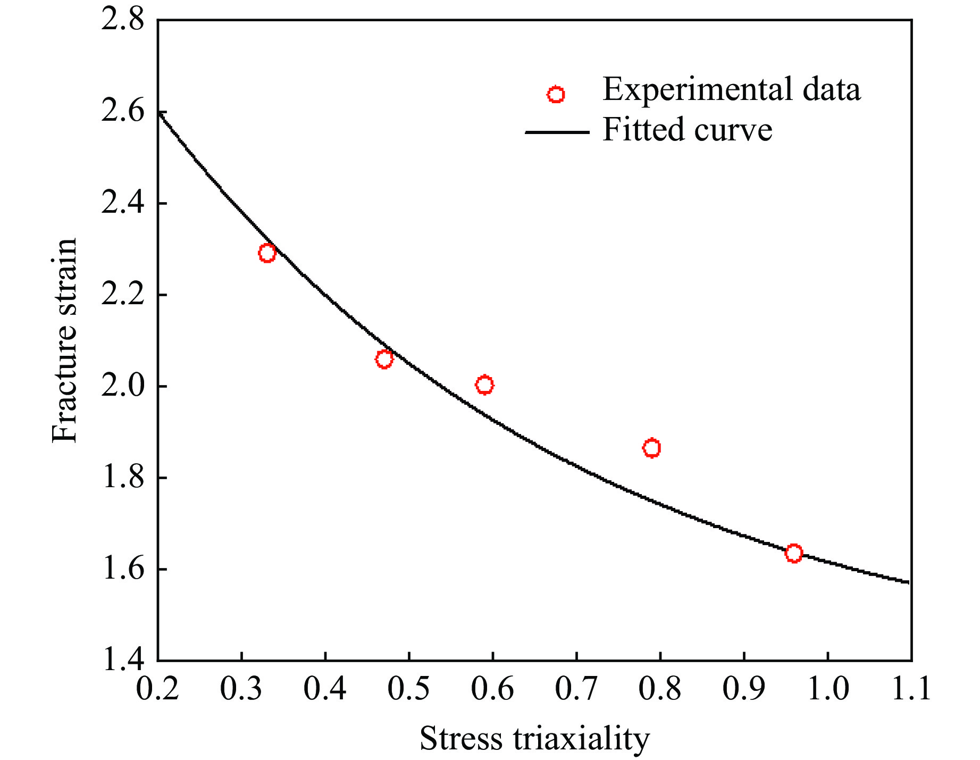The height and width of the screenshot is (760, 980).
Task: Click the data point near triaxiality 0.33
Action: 267,253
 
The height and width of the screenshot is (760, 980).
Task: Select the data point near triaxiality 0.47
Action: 384,360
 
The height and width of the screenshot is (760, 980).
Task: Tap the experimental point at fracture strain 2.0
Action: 484,385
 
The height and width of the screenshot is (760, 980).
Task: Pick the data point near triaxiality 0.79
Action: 651,448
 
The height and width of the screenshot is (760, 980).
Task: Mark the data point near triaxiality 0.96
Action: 793,553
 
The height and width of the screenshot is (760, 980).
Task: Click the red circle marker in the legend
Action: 556,95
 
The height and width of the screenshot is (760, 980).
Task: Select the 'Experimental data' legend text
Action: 731,89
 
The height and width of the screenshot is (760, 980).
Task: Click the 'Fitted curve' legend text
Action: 687,130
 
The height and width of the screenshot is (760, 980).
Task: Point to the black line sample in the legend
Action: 557,132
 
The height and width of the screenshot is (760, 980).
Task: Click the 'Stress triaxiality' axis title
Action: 534,739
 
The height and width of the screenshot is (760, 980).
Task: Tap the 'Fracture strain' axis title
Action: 65,340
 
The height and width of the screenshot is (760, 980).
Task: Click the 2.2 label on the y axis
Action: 122,296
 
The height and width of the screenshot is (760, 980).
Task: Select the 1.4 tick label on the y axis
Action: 122,661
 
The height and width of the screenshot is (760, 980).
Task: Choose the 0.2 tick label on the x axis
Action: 157,689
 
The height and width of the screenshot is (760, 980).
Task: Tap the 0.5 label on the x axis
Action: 408,689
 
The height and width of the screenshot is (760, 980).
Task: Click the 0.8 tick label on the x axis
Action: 660,689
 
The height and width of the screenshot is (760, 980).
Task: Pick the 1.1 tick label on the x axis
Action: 910,689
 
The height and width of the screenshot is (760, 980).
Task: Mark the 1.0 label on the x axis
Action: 827,689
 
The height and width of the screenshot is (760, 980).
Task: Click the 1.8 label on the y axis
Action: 122,478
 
